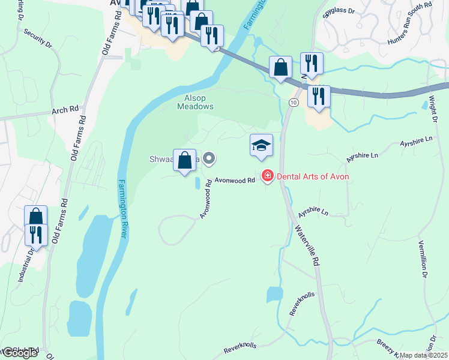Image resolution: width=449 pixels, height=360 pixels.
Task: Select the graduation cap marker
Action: pyautogui.click(x=261, y=146)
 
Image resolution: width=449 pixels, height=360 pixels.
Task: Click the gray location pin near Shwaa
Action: pyautogui.click(x=209, y=159)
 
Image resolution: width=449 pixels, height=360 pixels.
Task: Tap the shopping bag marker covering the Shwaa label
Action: pyautogui.click(x=185, y=161)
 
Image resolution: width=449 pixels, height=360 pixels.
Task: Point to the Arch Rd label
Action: pyautogui.click(x=65, y=110)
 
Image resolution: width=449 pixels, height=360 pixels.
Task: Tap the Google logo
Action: pyautogui.click(x=19, y=353)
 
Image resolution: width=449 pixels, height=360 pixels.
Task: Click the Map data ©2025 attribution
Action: pyautogui.click(x=424, y=355)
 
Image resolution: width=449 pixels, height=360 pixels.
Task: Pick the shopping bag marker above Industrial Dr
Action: pyautogui.click(x=36, y=217)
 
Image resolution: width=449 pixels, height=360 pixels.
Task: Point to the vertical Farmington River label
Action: pyautogui.click(x=121, y=209)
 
